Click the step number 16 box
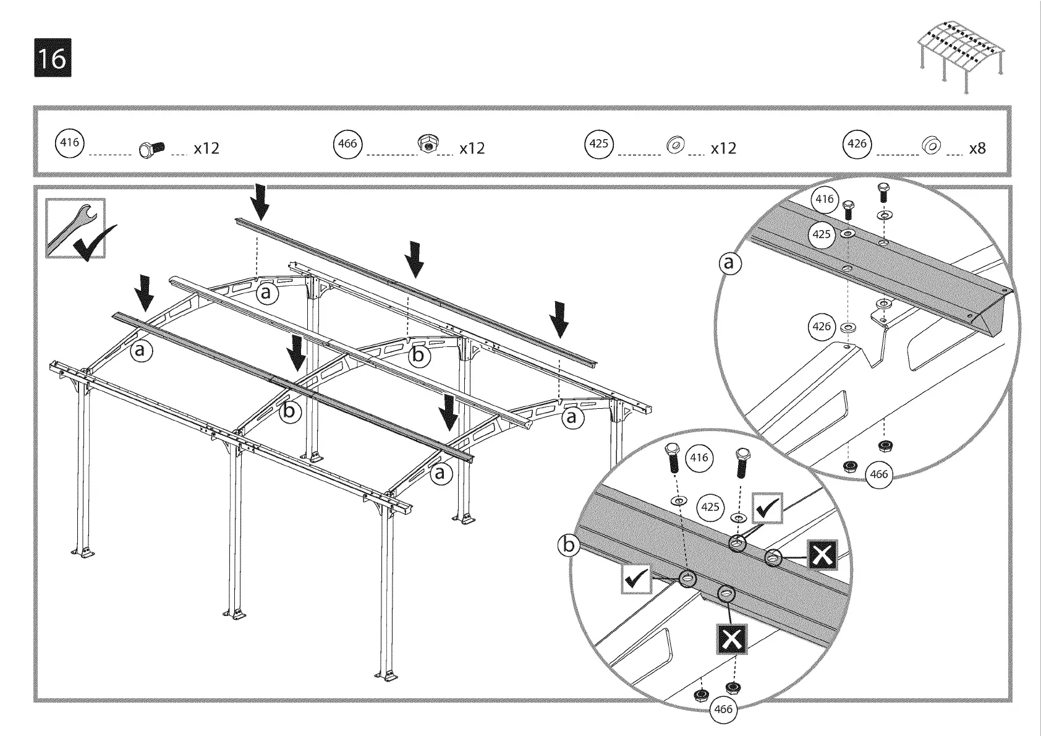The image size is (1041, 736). coord(53,58)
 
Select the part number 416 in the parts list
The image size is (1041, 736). coord(70,143)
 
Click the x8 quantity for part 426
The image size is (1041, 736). coord(977,148)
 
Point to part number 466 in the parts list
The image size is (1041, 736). coord(348,143)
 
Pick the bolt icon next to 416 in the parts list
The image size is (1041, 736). coord(150,149)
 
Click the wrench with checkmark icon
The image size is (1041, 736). coord(76,229)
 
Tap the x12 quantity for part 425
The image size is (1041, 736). coord(723,148)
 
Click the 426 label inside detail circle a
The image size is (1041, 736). coord(822,326)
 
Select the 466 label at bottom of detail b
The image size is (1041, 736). coord(723,709)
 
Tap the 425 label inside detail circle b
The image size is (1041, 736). coord(710,507)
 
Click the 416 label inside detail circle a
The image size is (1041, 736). coord(825,199)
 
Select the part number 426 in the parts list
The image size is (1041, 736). coord(857,143)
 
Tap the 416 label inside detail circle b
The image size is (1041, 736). coord(699,458)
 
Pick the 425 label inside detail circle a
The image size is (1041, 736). coord(822,234)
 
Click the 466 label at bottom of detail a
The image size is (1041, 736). coord(878,474)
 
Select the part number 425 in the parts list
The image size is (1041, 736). coord(598,143)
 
